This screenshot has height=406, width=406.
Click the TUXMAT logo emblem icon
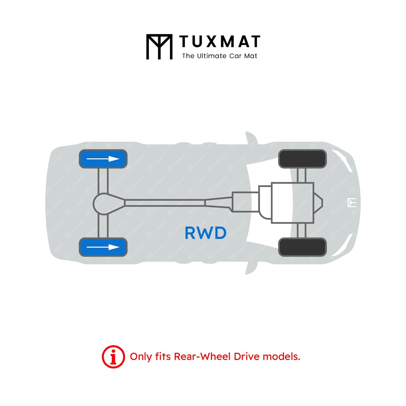(x=159, y=47)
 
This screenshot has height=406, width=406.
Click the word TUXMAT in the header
(x=220, y=42)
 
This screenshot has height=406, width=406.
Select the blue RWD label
(x=205, y=233)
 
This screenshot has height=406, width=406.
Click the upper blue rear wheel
(x=103, y=159)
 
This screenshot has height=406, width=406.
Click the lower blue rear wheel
(x=103, y=247)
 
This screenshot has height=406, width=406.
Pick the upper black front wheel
(x=302, y=159)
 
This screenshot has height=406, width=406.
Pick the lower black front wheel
(x=302, y=247)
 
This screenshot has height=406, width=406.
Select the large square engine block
(x=292, y=203)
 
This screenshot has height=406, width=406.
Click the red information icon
(x=113, y=357)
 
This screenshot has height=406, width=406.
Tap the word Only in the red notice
(x=141, y=357)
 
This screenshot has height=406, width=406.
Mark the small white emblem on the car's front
(x=352, y=203)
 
